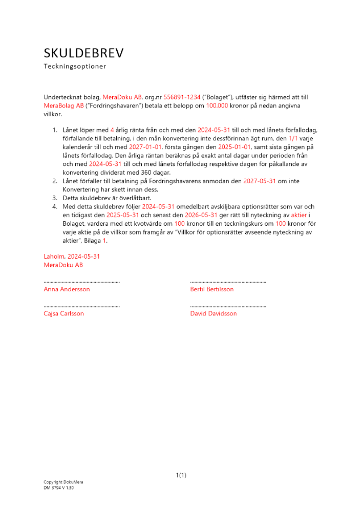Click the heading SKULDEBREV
[83, 53]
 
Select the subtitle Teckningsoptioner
[75, 67]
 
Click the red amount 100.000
[217, 105]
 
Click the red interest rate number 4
[112, 130]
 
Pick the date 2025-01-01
[235, 146]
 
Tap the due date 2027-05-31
[260, 181]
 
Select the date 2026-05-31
[200, 215]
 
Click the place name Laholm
[54, 257]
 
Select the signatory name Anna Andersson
[67, 289]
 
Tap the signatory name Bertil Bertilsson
[211, 289]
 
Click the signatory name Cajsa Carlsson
[64, 313]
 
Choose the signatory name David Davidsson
[214, 313]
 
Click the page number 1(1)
[181, 475]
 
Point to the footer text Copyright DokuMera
[63, 482]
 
